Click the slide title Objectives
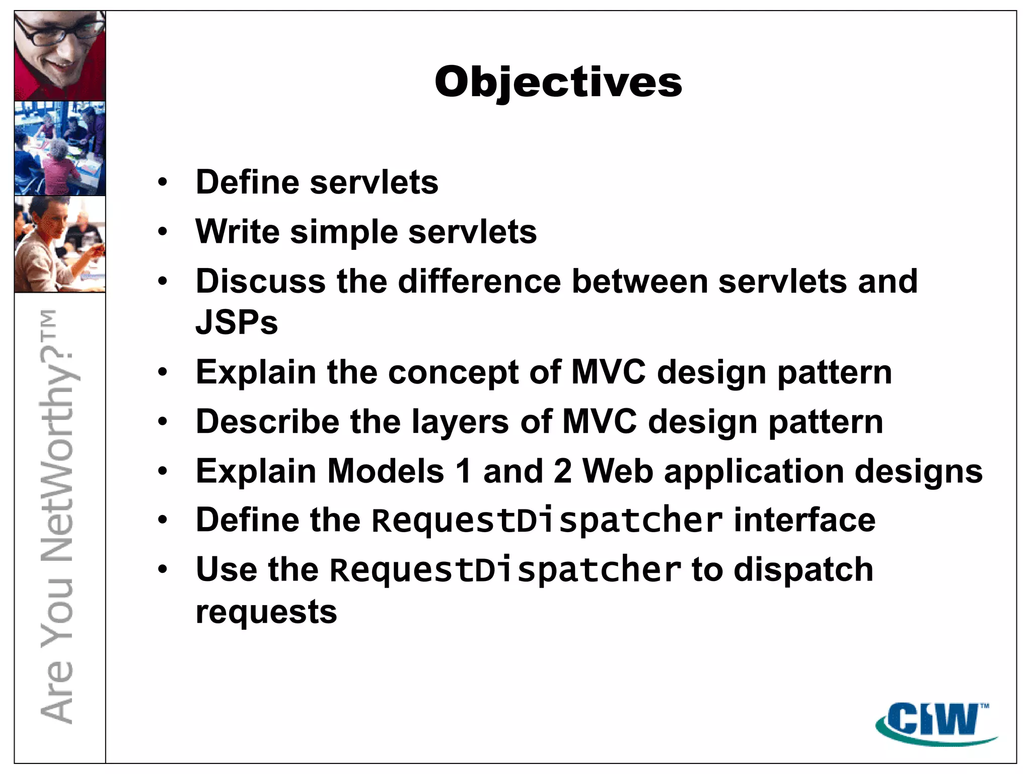pos(558,82)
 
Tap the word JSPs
pos(236,322)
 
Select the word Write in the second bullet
pos(237,232)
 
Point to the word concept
pos(452,372)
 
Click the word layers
pos(460,422)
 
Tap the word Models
pos(386,471)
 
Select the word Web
pos(617,471)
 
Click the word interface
pos(804,520)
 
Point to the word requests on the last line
pos(266,612)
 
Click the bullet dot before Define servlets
pos(162,182)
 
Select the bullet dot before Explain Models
pos(162,472)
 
